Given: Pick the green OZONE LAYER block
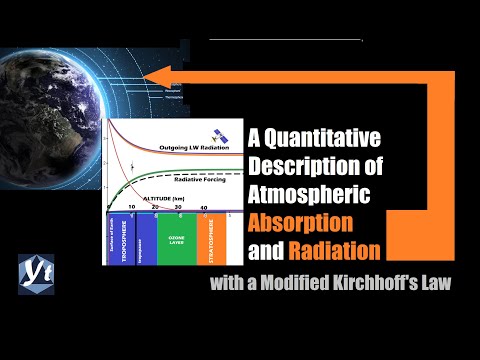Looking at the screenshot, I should click(176, 240).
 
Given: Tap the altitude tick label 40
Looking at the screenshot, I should click(204, 208).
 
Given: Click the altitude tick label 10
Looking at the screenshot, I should click(130, 208).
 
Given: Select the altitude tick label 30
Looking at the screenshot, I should click(178, 208).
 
